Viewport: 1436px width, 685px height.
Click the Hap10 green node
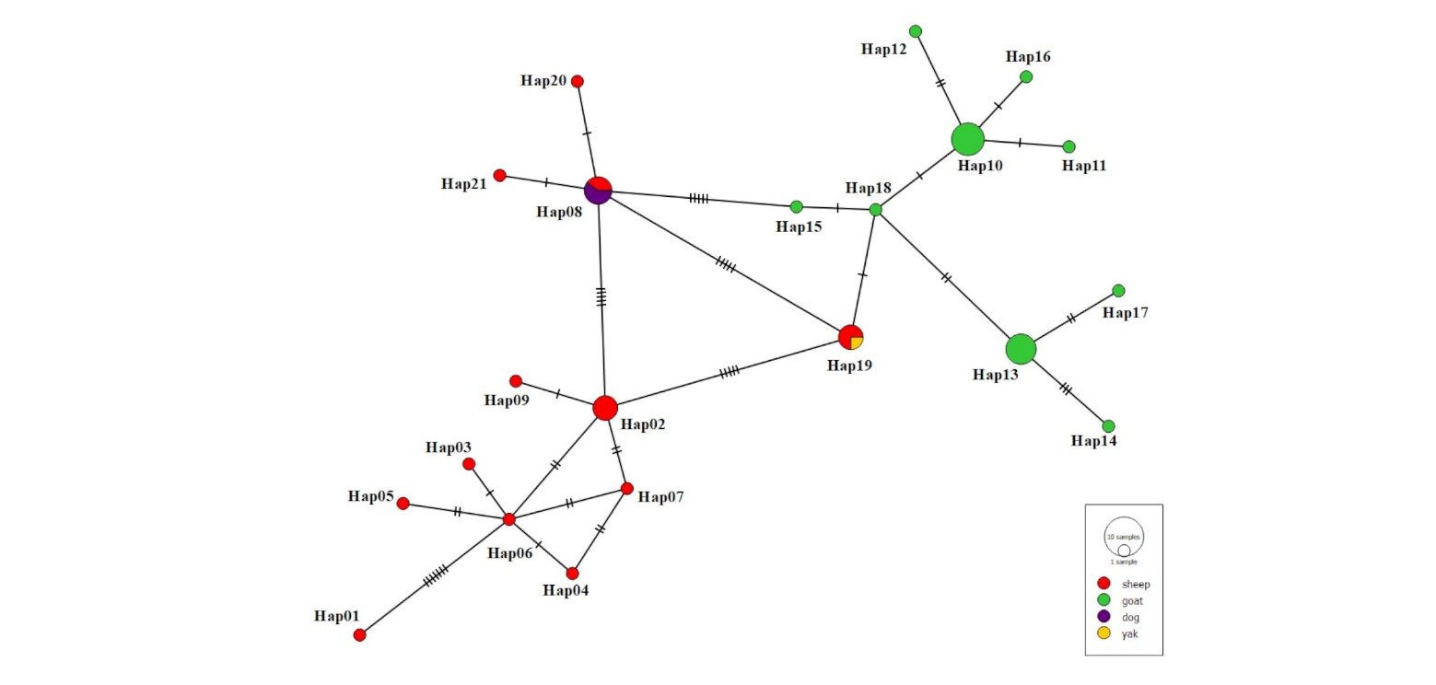click(x=967, y=139)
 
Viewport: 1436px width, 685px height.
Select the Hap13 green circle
click(x=1021, y=349)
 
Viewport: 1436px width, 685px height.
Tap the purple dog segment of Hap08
click(x=596, y=194)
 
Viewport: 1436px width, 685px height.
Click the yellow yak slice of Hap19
click(x=857, y=342)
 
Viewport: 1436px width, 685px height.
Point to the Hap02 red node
click(x=604, y=407)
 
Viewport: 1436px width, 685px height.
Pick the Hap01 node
click(x=359, y=634)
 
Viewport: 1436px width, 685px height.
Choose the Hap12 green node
click(x=916, y=31)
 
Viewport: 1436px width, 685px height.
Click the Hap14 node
click(x=1108, y=426)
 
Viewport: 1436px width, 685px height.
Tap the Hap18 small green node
click(x=875, y=210)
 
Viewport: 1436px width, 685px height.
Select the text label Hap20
click(x=543, y=80)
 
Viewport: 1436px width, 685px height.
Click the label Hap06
click(x=509, y=553)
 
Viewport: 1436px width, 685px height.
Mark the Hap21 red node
click(x=499, y=175)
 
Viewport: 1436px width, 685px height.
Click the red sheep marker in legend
click(x=1103, y=584)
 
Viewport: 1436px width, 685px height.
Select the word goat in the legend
click(x=1133, y=600)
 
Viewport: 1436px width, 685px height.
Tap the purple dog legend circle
click(x=1103, y=616)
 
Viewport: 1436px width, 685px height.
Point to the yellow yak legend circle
click(x=1103, y=633)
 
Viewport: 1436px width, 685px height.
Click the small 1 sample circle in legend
click(x=1124, y=551)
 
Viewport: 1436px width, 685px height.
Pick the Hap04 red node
click(x=572, y=573)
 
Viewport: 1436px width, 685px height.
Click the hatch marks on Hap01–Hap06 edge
click(x=435, y=576)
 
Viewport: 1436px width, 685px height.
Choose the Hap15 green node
click(x=796, y=206)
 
